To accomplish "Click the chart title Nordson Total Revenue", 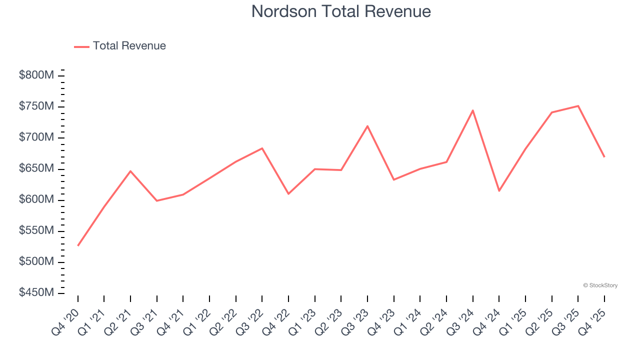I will coord(341,11).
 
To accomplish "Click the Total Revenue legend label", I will coord(129,46).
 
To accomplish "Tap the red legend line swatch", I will coord(81,46).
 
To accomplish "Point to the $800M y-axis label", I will coord(36,75).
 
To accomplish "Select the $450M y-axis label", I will coord(36,292).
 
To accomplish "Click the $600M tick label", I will coord(36,199).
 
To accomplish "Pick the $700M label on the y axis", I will coord(36,137).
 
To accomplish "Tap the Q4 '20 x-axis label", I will coord(66,318).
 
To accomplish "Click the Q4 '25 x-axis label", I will coord(592,318).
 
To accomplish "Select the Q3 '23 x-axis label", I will coord(355,318).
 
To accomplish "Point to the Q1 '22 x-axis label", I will coord(197,318).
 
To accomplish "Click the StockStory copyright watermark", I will coord(600,285).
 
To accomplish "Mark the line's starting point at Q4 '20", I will coord(78,245).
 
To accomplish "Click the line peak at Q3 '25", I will coord(578,106).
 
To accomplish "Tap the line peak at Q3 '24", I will coord(472,110).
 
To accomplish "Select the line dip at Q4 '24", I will coord(499,190).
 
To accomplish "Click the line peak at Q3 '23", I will coord(367,126).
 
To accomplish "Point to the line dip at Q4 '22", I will coord(288,193).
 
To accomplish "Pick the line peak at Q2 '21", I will coord(130,171).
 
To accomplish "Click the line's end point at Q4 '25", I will coord(604,157).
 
